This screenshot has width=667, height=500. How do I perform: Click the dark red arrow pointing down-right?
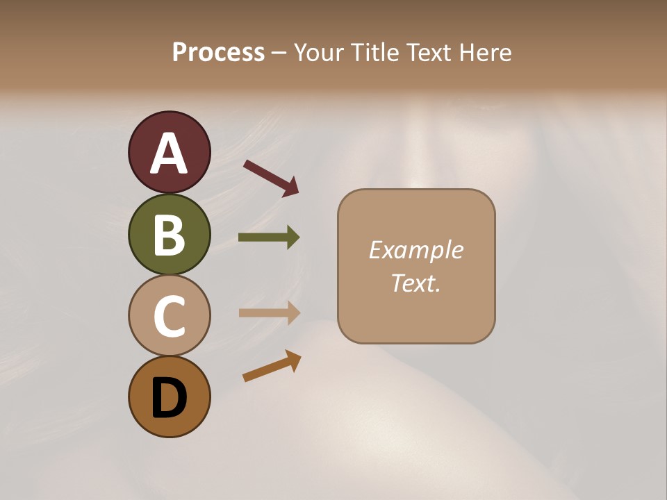[x=271, y=178]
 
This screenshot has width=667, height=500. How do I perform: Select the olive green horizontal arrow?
[x=269, y=237]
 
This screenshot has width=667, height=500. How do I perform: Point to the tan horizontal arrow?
[x=269, y=312]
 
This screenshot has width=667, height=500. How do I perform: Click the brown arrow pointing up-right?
[x=272, y=366]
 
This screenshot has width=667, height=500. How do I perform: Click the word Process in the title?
[x=219, y=52]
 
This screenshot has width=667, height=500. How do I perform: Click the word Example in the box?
[x=415, y=250]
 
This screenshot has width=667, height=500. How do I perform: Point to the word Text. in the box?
[x=415, y=283]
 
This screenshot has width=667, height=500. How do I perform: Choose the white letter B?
[x=169, y=235]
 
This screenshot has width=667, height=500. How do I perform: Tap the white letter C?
[x=169, y=316]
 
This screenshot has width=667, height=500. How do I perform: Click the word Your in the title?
[x=318, y=52]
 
